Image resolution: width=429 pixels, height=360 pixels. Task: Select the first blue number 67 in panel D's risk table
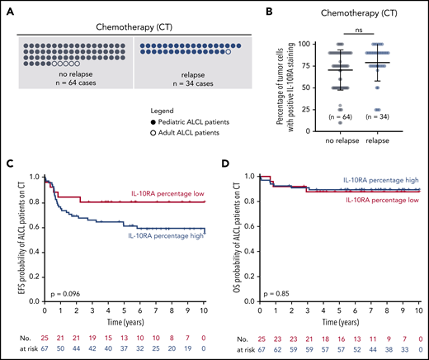pyautogui.click(x=260, y=349)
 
